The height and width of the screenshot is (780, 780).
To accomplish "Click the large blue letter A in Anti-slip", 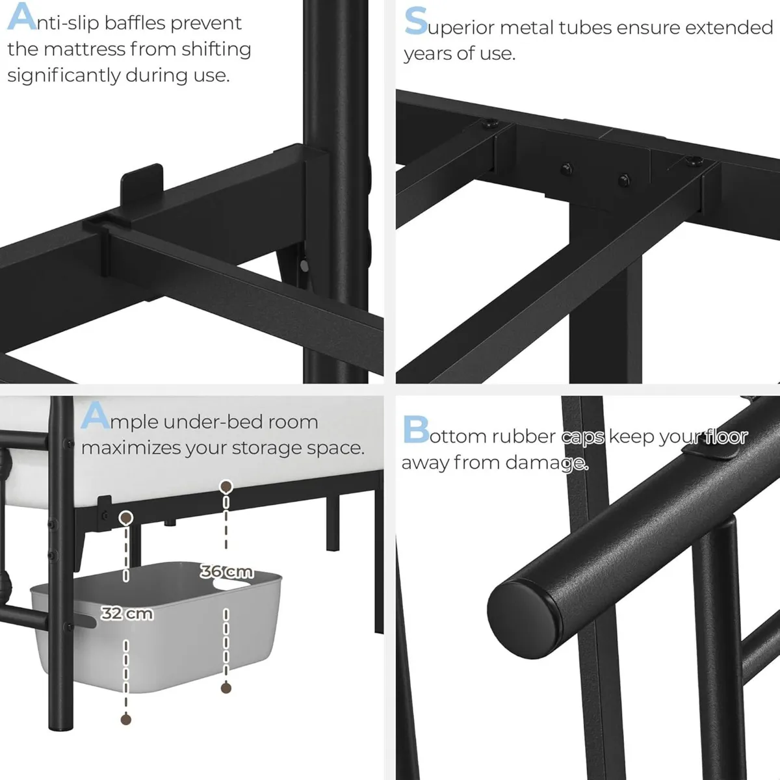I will (x=21, y=18).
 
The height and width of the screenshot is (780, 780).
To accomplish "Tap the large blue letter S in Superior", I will (x=415, y=21).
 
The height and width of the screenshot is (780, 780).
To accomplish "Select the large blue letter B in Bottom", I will (x=415, y=430).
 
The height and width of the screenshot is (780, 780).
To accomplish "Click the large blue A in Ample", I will (x=95, y=416).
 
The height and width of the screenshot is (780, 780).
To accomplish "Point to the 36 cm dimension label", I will (x=226, y=572).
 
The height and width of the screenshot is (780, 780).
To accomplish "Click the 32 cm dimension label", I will (x=127, y=613).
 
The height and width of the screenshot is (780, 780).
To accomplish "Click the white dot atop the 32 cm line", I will (x=126, y=517).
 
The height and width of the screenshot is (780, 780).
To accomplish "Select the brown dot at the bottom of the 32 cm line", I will (x=126, y=720).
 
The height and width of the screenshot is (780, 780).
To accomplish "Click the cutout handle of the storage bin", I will (x=232, y=586).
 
